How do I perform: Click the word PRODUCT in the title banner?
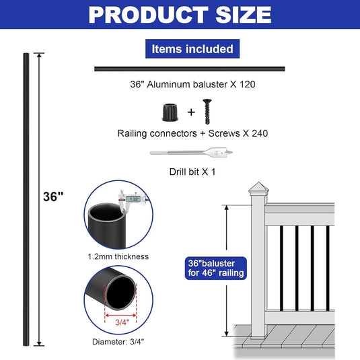[149, 15]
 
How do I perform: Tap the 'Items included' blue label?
[192, 48]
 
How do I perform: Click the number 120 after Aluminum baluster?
[248, 84]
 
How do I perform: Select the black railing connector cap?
[170, 112]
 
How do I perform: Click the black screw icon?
[207, 112]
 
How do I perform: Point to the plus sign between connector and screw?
[191, 112]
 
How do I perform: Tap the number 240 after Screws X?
[260, 133]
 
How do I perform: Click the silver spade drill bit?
[191, 152]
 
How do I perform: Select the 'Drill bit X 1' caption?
[192, 172]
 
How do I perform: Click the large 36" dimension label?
[53, 196]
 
